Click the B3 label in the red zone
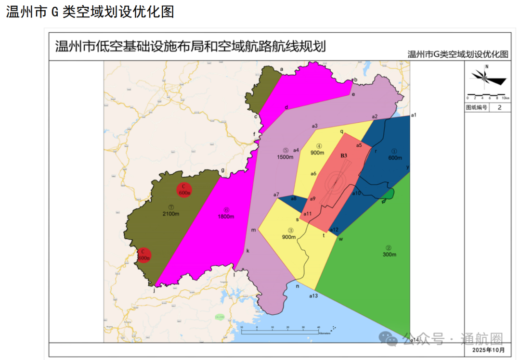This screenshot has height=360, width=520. click(344, 155)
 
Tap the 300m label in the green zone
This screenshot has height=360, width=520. click(389, 254)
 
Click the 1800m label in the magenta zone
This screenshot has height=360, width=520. click(226, 216)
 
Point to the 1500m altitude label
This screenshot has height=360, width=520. click(286, 157)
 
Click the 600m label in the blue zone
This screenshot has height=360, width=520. click(395, 158)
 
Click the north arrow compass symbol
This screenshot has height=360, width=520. click(487, 76)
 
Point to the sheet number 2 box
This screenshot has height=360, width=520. click(499, 108)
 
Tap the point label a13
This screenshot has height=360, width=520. click(313, 296)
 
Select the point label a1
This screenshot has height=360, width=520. click(413, 115)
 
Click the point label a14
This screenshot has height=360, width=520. click(415, 340)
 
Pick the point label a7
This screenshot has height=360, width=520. click(276, 194)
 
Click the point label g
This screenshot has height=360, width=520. click(222, 170)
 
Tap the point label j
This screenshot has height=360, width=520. click(154, 290)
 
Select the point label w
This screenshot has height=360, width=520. click(340, 239)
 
